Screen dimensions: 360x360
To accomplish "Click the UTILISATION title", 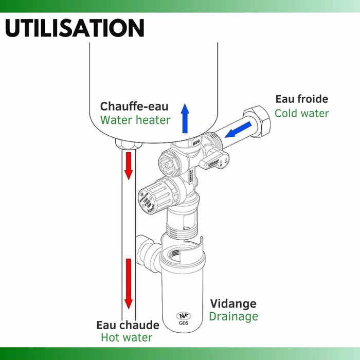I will [74, 27].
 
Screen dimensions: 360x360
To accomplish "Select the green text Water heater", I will [135, 120].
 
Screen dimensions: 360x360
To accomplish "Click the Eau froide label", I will [301, 99].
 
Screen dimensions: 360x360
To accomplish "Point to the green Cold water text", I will [301, 113].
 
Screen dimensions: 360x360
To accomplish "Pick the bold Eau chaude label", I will [128, 325].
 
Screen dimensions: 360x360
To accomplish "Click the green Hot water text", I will [126, 338].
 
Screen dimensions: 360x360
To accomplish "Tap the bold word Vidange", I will [232, 303].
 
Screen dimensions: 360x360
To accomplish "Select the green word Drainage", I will [233, 316].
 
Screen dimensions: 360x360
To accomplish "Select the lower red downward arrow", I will [128, 283].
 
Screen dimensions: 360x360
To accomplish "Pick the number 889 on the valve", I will [195, 144].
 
